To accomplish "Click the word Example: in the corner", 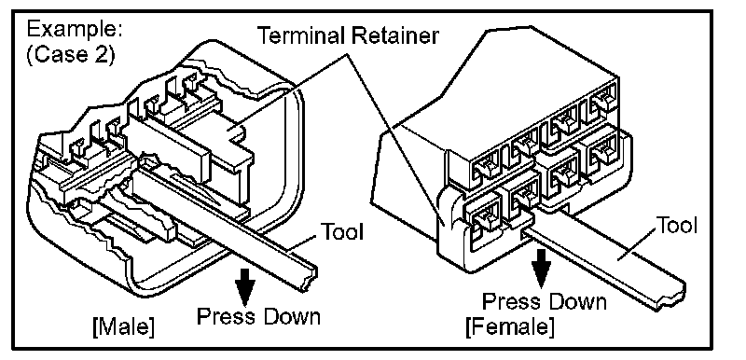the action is [x=75, y=30].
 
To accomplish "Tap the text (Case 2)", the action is [x=71, y=55].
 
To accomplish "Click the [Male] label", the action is [x=123, y=327].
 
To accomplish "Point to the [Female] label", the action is [x=510, y=326].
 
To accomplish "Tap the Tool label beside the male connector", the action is [x=342, y=231].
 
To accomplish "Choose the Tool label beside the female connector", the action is [x=677, y=225].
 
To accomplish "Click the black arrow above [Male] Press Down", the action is [x=246, y=286].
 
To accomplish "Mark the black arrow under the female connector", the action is [x=541, y=269].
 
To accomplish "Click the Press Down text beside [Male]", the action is [x=259, y=316].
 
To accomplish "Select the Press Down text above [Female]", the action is [x=545, y=301].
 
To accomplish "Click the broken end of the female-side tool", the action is [x=671, y=294].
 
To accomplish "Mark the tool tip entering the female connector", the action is [x=529, y=232].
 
